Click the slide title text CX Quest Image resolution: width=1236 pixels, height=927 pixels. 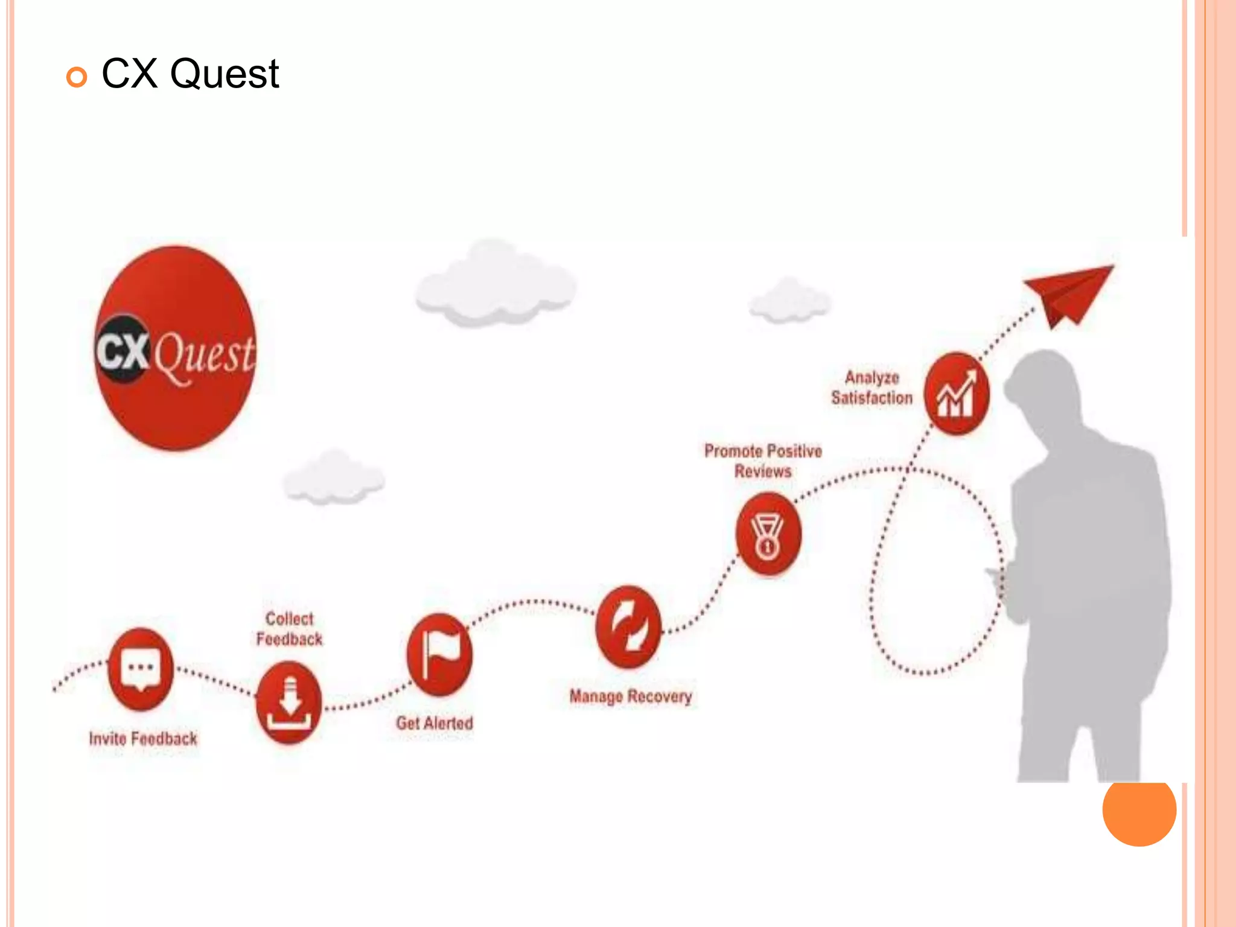point(190,74)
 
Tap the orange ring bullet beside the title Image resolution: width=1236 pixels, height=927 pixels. point(77,77)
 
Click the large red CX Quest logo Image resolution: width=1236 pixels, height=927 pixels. point(176,348)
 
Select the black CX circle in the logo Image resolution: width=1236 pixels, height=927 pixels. point(123,349)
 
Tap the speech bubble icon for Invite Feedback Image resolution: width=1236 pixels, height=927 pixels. point(141,669)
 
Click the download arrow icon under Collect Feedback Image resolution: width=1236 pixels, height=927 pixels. point(288,702)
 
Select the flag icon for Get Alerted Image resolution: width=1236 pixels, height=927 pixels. point(439,655)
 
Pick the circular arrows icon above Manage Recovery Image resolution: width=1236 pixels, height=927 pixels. point(628,626)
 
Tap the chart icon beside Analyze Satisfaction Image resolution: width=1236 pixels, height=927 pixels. point(957,393)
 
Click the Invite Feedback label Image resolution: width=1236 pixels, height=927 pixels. point(143,739)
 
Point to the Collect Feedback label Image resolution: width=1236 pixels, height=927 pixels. point(289,629)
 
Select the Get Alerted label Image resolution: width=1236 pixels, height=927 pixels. point(435,723)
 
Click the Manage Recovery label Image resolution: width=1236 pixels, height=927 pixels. point(631,696)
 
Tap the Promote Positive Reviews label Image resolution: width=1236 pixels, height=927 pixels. point(763,461)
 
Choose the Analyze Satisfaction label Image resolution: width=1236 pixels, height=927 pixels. point(872,387)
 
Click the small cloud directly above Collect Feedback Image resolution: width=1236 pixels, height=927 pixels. point(333,477)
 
